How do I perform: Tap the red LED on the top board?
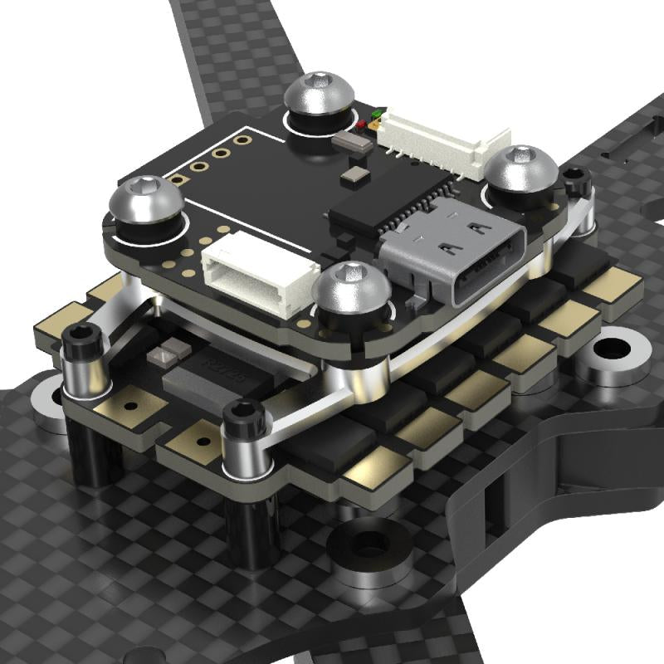(363, 125)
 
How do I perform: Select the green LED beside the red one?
(378, 112)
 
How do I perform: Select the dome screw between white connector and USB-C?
(352, 290)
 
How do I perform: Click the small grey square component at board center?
(356, 173)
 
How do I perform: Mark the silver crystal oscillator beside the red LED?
(349, 140)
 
